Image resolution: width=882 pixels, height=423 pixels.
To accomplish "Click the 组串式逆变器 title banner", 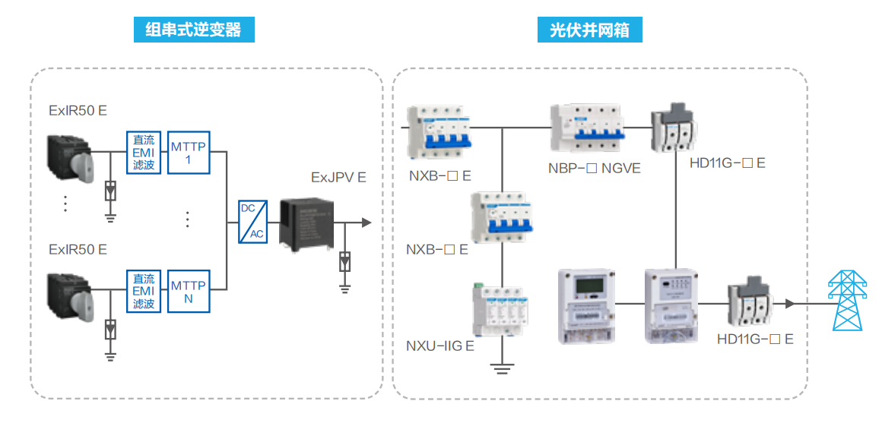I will pyautogui.click(x=194, y=30).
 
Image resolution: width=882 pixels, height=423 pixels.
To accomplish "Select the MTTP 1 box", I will pyautogui.click(x=188, y=151).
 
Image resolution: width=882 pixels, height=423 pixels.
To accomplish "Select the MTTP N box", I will pyautogui.click(x=188, y=291).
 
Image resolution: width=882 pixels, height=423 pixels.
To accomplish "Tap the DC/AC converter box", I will pyautogui.click(x=252, y=221).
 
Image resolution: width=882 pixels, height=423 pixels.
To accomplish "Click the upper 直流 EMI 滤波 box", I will pyautogui.click(x=144, y=151).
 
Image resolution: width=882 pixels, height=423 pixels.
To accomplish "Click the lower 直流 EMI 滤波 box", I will pyautogui.click(x=144, y=291).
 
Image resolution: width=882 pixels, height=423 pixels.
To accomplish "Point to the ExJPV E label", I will pyautogui.click(x=338, y=177).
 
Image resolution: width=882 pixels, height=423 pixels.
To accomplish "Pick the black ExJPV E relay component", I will pyautogui.click(x=305, y=222).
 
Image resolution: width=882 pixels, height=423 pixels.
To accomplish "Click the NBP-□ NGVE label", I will pyautogui.click(x=595, y=168).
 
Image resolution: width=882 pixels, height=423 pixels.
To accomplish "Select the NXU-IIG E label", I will pyautogui.click(x=440, y=346).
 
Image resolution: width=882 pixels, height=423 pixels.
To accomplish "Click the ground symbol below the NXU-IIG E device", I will pyautogui.click(x=501, y=370).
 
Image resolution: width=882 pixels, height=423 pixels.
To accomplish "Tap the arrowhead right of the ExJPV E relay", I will pyautogui.click(x=366, y=223).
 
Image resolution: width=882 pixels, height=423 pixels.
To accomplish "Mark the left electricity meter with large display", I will pyautogui.click(x=585, y=305).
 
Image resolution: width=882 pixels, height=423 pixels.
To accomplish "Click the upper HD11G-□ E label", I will pyautogui.click(x=727, y=163).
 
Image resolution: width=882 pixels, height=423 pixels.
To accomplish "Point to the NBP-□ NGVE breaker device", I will pyautogui.click(x=589, y=128).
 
